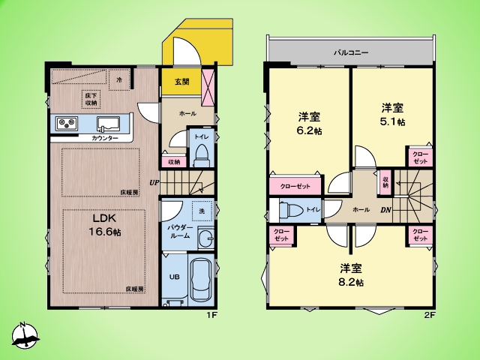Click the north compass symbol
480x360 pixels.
[x=25, y=335]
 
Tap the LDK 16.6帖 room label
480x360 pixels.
[x=105, y=225]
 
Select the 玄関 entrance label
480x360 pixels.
[x=181, y=82]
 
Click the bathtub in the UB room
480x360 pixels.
[x=201, y=280]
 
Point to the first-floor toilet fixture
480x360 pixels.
[x=202, y=155]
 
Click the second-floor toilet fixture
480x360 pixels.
[x=290, y=210]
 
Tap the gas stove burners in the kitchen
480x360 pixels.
[x=67, y=123]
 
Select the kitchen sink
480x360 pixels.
[x=108, y=124]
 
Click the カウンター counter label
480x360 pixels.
[x=105, y=138]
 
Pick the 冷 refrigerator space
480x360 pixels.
[x=119, y=80]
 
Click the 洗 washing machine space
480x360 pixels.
[x=202, y=211]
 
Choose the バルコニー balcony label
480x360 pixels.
[x=351, y=52]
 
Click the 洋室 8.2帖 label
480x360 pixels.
[x=351, y=275]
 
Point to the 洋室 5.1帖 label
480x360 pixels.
[x=393, y=115]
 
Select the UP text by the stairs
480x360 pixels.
[x=154, y=183]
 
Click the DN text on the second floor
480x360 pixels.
[x=386, y=210]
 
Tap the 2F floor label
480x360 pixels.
[x=430, y=315]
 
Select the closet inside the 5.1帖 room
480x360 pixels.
[x=419, y=157]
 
